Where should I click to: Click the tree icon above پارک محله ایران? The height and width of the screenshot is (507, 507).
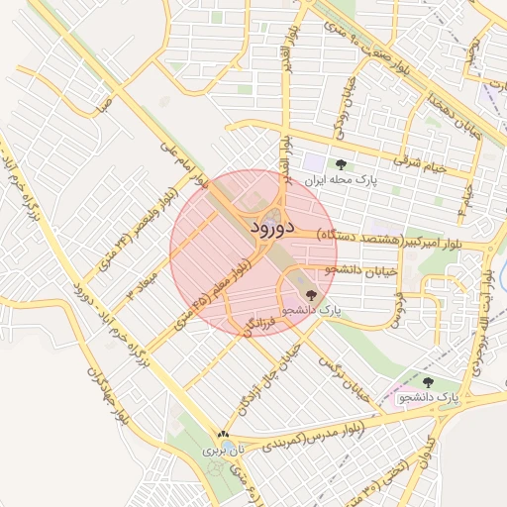pyautogui.click(x=341, y=164)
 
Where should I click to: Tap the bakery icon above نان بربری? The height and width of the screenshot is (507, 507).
pyautogui.click(x=223, y=434)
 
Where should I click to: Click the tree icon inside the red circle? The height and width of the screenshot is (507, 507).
pyautogui.click(x=312, y=294)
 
